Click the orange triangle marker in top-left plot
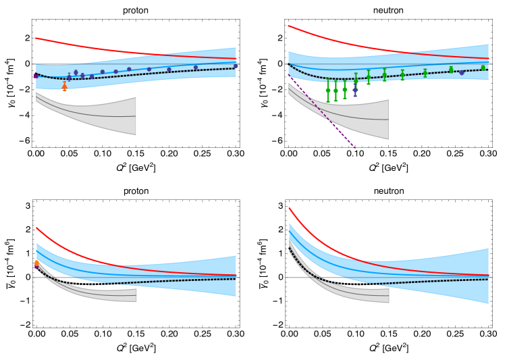[65, 86]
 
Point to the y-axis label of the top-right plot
[261, 82]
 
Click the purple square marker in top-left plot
[36, 76]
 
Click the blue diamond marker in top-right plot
[355, 90]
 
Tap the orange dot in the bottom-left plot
[36, 263]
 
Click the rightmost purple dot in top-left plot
[236, 66]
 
